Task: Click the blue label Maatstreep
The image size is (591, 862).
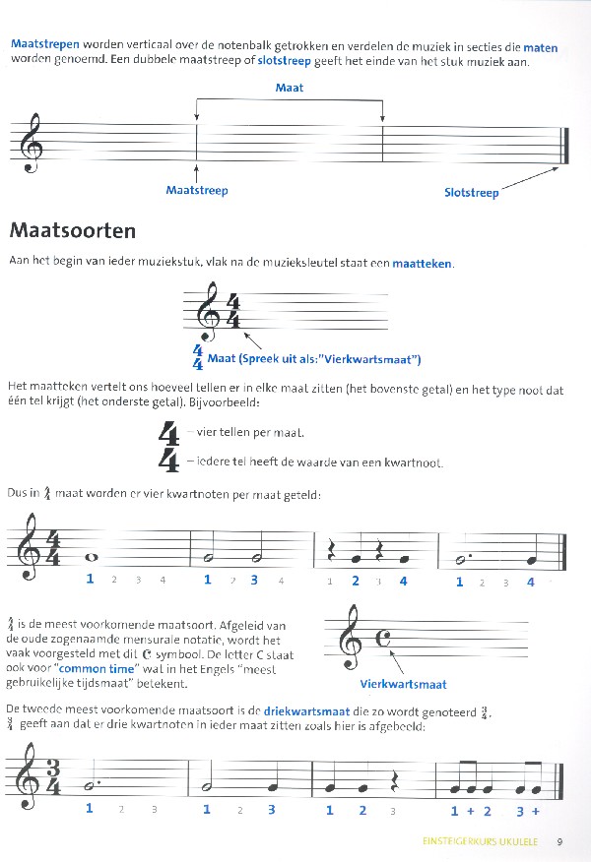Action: (x=197, y=190)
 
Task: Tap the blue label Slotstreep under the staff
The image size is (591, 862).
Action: (x=472, y=193)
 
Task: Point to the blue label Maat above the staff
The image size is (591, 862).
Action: (x=290, y=88)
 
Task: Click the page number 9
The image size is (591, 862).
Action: (x=558, y=841)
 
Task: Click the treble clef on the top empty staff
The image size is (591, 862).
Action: (x=36, y=143)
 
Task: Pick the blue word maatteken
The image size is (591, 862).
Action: (x=424, y=263)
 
